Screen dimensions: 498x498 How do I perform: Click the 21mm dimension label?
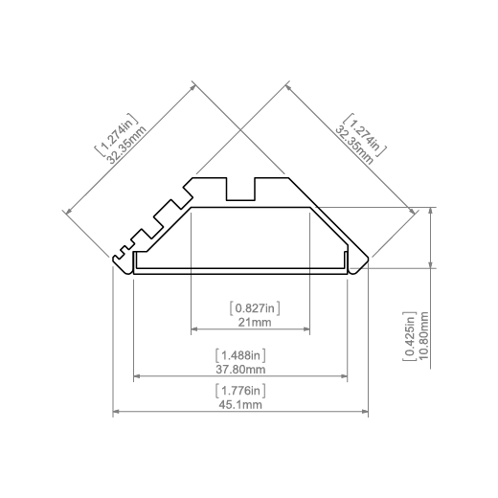pyautogui.click(x=255, y=322)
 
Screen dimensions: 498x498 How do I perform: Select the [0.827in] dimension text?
pyautogui.click(x=255, y=308)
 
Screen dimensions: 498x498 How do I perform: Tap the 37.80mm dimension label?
pyautogui.click(x=240, y=370)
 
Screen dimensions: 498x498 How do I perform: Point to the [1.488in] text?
pyautogui.click(x=240, y=355)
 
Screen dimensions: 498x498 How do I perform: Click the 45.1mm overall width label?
pyautogui.click(x=240, y=405)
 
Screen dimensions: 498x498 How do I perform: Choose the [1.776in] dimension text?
pyautogui.click(x=240, y=391)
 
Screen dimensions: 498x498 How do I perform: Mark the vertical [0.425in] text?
pyautogui.click(x=410, y=336)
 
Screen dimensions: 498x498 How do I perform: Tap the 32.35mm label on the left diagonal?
pyautogui.click(x=127, y=145)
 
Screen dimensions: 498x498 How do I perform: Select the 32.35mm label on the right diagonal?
pyautogui.click(x=353, y=145)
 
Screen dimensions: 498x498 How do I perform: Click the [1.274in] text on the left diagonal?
pyautogui.click(x=117, y=135)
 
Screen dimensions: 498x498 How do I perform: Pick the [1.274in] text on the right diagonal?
pyautogui.click(x=365, y=135)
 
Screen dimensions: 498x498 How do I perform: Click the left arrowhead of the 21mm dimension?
pyautogui.click(x=193, y=328)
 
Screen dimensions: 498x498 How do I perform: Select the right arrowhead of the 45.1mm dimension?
pyautogui.click(x=365, y=412)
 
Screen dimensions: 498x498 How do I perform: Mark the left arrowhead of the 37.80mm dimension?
pyautogui.click(x=137, y=376)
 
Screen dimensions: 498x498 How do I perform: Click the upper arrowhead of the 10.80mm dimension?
pyautogui.click(x=431, y=211)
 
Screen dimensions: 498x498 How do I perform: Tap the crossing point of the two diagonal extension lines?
pyautogui.click(x=240, y=129)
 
